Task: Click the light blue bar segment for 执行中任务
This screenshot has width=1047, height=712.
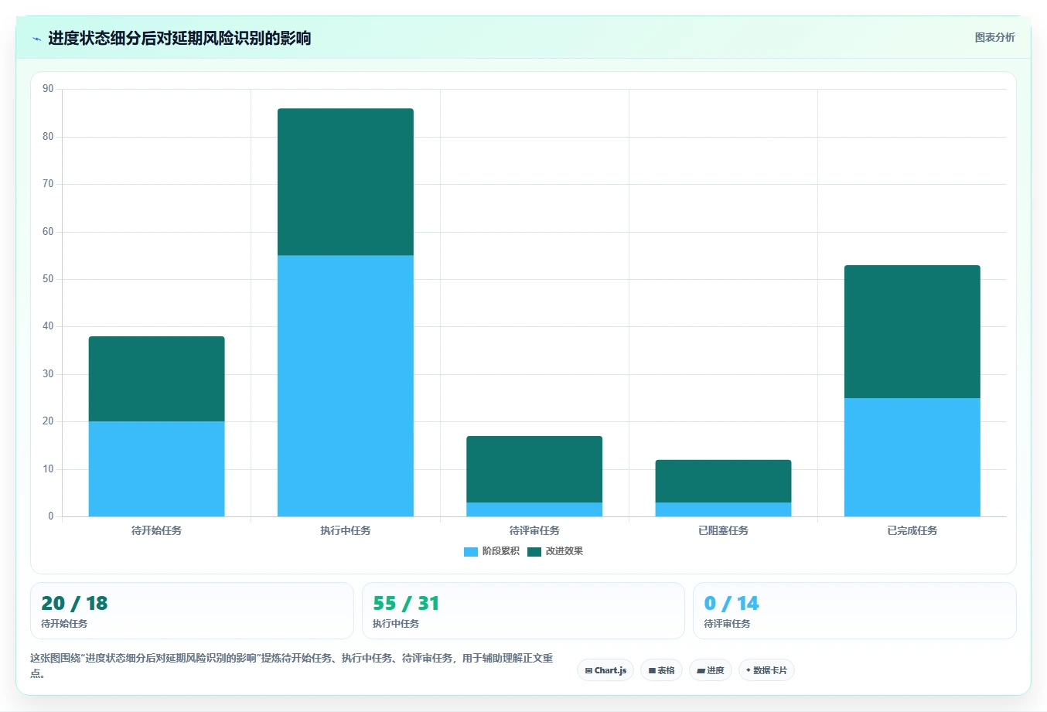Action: (x=346, y=386)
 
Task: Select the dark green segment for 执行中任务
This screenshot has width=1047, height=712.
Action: (x=346, y=182)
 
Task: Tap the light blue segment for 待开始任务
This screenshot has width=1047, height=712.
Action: (x=156, y=468)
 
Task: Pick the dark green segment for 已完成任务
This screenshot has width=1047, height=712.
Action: (x=912, y=332)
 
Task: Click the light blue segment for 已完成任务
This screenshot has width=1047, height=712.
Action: (x=912, y=457)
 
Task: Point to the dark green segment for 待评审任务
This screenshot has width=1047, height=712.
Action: (x=534, y=469)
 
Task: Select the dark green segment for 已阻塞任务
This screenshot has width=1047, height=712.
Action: (x=723, y=481)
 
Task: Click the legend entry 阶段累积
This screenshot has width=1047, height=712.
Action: (x=491, y=551)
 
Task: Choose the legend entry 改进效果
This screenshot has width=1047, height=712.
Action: (x=555, y=551)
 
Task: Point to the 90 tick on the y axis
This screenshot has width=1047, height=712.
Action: (x=48, y=89)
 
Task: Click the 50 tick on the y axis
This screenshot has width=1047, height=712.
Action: (x=48, y=279)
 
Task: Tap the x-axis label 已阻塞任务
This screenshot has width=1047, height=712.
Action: (x=723, y=531)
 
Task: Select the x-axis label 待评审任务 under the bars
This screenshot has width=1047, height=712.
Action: (x=534, y=531)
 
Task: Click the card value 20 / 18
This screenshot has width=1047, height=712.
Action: (x=74, y=603)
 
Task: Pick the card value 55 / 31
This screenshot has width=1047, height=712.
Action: (x=406, y=603)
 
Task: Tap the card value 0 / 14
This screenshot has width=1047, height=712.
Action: (x=732, y=603)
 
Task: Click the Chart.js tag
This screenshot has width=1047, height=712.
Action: (x=605, y=670)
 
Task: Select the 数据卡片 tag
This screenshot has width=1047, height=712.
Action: (x=766, y=670)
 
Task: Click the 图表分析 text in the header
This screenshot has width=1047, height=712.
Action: (x=994, y=37)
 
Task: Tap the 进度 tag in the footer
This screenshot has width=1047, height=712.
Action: (x=710, y=670)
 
